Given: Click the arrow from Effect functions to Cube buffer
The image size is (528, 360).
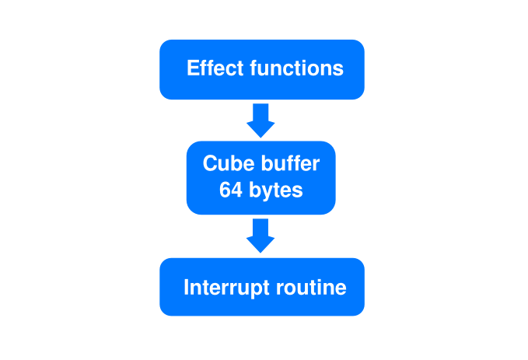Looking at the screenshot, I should tap(261, 119).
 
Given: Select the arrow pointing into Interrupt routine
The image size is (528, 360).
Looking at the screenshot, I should tap(261, 235).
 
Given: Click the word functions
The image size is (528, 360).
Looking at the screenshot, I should tap(296, 68).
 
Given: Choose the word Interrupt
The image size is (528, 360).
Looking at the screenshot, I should tap(227, 288).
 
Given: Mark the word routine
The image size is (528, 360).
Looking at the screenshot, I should tap(311, 288).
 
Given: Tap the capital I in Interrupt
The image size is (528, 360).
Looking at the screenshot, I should tap(186, 288).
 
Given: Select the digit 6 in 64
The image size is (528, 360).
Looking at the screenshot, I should tap(225, 189).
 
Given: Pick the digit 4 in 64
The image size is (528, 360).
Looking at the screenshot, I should tap(236, 189).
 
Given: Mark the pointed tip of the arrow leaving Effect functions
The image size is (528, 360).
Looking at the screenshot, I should tap(261, 136).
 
